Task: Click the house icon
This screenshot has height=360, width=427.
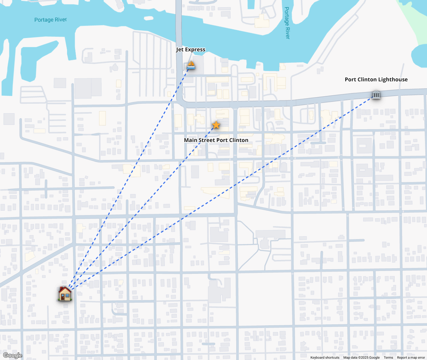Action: [x=65, y=294]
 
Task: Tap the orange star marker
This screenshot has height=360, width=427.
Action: [x=216, y=125]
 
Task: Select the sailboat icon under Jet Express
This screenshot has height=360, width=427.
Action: [x=191, y=65]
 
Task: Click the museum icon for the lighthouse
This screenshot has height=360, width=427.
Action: [x=376, y=95]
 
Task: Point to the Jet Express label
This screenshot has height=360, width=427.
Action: [x=190, y=50]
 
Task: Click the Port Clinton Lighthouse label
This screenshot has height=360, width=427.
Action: [x=376, y=79]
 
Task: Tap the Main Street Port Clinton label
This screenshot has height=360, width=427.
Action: [x=216, y=140]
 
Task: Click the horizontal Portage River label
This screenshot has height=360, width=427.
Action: [x=50, y=20]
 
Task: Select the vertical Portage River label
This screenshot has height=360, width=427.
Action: [x=287, y=23]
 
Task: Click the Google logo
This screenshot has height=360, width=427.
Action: [x=13, y=355]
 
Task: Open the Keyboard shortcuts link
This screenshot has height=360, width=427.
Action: [x=325, y=358]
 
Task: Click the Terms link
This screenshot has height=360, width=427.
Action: [x=388, y=358]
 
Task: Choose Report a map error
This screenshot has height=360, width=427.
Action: [x=411, y=358]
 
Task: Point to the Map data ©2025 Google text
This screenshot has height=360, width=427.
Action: [x=361, y=358]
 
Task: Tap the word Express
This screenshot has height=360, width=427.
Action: [x=195, y=50]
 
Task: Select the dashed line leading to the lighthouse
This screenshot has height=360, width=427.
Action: [x=234, y=187]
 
